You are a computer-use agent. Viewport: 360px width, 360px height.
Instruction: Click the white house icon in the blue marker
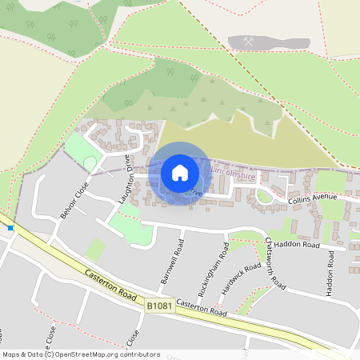pyautogui.click(x=180, y=172)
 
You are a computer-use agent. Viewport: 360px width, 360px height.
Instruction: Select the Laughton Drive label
pyautogui.click(x=127, y=178)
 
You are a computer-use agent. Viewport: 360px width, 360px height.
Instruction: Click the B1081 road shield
pyautogui.click(x=159, y=305)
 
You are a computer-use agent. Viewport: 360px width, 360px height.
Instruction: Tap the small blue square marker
pyautogui.click(x=10, y=227)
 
